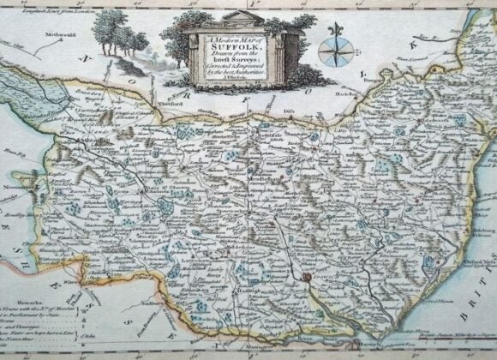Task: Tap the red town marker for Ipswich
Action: [x=306, y=278]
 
